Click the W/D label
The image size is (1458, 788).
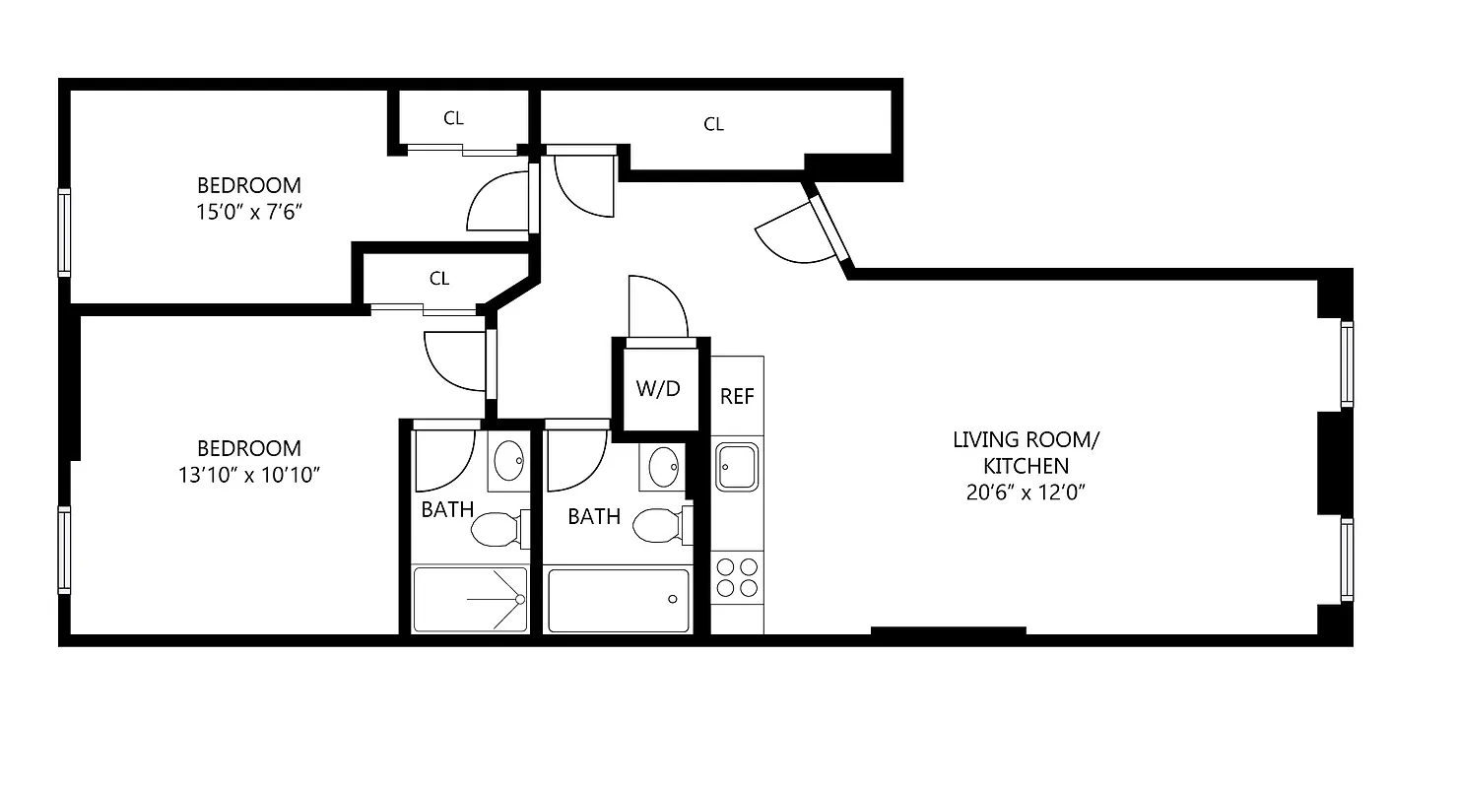[x=657, y=388]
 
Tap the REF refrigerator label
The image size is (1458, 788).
[x=737, y=396]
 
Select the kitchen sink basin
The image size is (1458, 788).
[x=737, y=465]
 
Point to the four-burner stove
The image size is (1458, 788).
[x=737, y=577]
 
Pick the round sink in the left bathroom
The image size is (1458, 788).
[x=509, y=459]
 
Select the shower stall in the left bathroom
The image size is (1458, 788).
[x=470, y=599]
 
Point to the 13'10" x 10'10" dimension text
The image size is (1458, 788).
[x=248, y=474]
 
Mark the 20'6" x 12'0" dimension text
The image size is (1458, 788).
[x=1025, y=492]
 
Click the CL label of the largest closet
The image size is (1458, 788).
[x=714, y=124]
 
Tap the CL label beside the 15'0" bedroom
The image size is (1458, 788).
[x=453, y=119]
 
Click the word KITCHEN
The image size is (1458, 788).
[x=1025, y=466]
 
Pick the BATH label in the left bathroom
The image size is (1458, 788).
[x=447, y=509]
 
